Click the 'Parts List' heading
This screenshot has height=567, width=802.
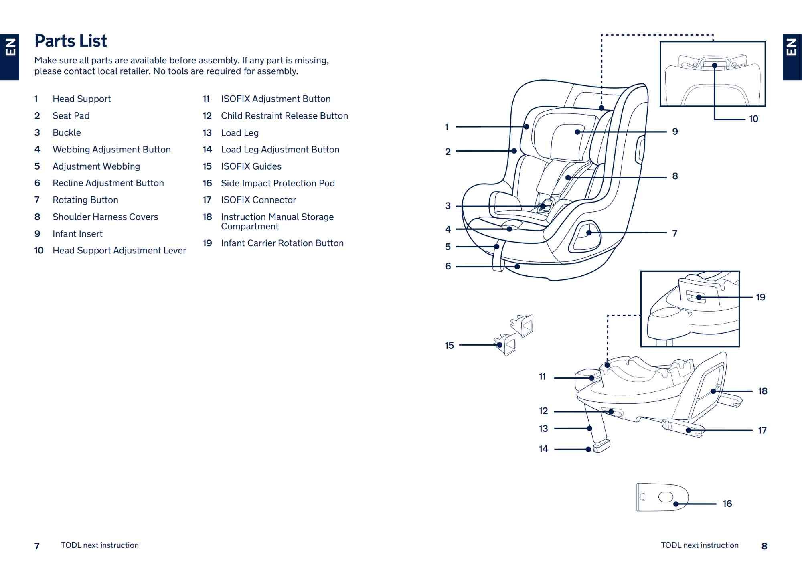point(71,41)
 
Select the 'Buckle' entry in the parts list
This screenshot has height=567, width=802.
point(67,133)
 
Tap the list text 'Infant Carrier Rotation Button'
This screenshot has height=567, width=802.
point(282,243)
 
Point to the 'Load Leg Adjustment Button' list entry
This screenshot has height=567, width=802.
point(280,150)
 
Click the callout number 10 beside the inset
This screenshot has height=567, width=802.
point(753,119)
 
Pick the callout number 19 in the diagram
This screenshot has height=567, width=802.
point(761,297)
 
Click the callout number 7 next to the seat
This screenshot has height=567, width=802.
point(675,233)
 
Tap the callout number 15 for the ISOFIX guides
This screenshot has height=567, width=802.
point(449,346)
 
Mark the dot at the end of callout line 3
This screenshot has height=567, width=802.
point(543,206)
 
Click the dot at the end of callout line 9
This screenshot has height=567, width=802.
point(577,132)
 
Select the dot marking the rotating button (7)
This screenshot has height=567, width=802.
point(589,233)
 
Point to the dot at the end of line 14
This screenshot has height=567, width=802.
point(588,449)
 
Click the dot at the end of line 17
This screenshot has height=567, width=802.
point(689,430)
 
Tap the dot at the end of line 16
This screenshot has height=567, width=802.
point(676,504)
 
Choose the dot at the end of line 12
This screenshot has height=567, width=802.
point(611,412)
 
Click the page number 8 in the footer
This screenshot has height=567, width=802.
point(764,546)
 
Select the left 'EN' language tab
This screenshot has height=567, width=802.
point(10,57)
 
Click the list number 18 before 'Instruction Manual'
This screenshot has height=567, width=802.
point(207,217)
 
